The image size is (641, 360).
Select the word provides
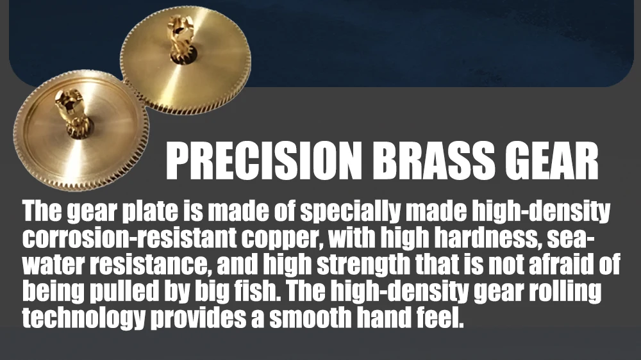198,318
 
